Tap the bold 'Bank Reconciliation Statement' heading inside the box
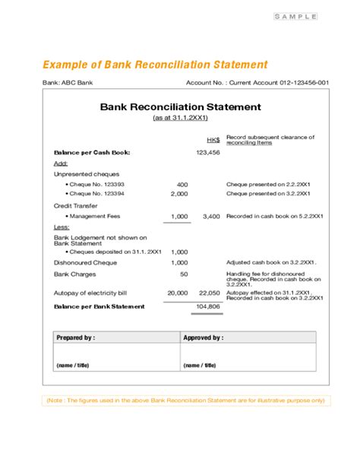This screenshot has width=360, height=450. (180, 107)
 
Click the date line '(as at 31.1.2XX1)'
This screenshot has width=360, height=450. (180, 119)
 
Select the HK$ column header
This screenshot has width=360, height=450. (213, 140)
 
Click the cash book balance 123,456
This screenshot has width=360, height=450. (207, 153)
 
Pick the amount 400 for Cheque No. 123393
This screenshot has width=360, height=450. (182, 185)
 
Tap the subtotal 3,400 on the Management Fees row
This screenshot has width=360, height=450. (211, 217)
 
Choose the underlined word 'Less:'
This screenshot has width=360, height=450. (62, 227)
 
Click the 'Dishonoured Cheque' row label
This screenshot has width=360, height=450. (84, 262)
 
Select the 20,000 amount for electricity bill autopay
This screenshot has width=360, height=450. (177, 293)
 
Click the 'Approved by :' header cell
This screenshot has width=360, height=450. (204, 337)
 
